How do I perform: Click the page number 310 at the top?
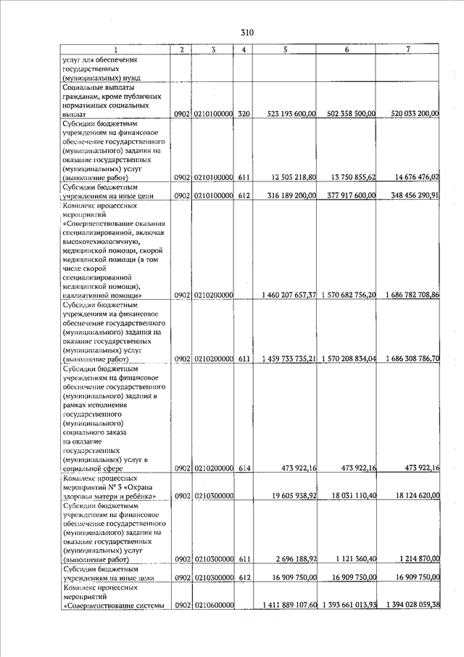247,33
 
